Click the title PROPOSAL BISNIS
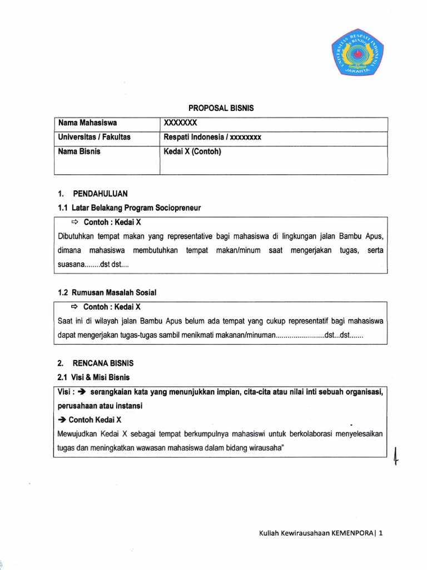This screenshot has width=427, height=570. [218, 109]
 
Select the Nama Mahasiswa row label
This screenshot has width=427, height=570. [85, 123]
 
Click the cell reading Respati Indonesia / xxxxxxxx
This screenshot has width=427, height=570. [212, 137]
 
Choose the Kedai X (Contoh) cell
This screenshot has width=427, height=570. [192, 151]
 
